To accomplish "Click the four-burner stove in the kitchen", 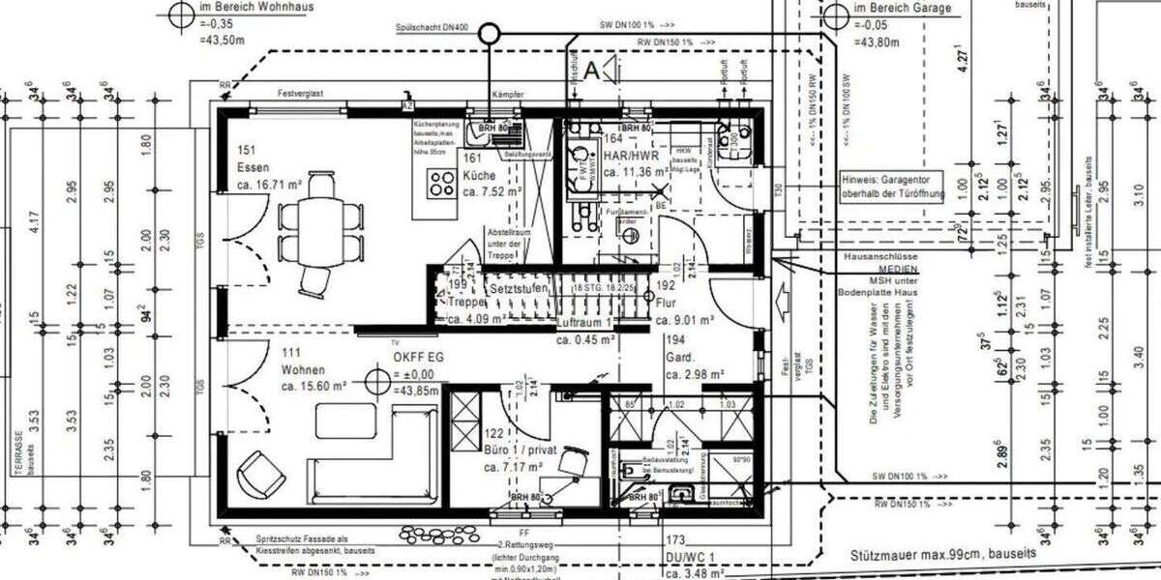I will (443, 183).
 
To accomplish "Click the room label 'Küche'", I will (479, 176).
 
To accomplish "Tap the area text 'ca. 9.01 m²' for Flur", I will (684, 320).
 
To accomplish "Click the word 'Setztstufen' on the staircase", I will (521, 288).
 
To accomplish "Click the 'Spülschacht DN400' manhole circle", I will (491, 36).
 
